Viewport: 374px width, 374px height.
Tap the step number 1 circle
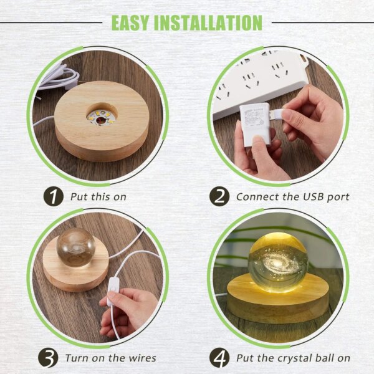[53, 197]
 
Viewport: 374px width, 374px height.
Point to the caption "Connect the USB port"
[292, 197]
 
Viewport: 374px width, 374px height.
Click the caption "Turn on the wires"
[110, 358]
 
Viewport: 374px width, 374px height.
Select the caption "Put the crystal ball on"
[292, 358]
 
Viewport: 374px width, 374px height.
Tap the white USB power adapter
[255, 124]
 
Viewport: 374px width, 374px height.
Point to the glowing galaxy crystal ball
[278, 262]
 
